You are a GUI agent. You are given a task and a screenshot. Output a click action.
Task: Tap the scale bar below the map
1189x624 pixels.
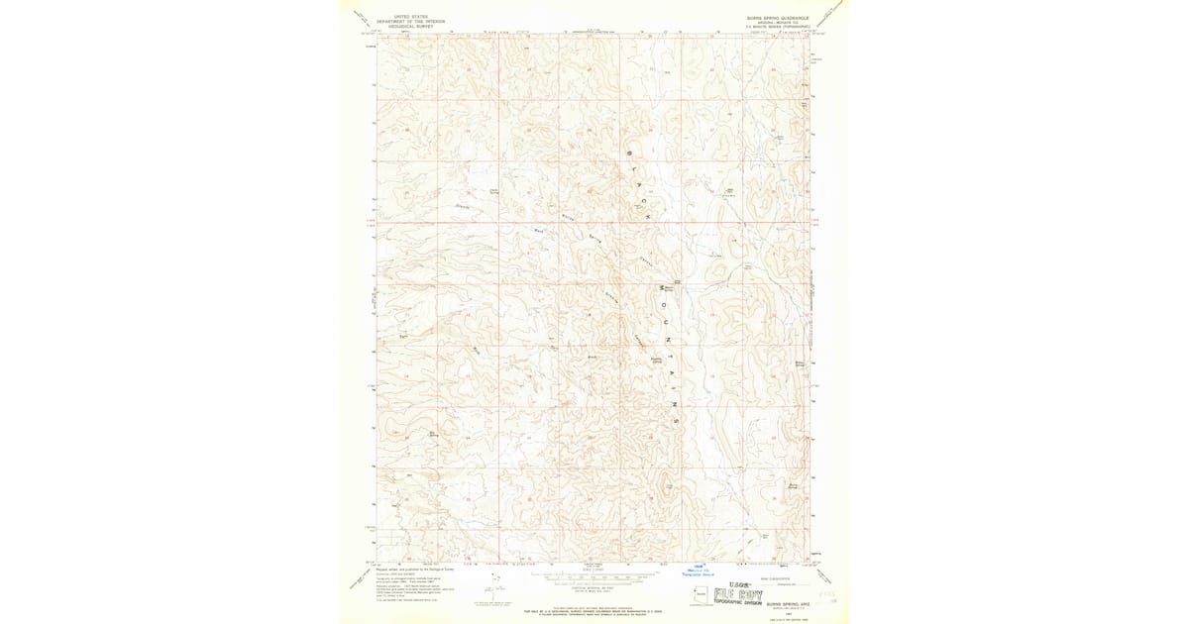coord(593,574)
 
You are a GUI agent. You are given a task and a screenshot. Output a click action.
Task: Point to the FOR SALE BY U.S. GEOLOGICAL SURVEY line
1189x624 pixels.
coord(593,605)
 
